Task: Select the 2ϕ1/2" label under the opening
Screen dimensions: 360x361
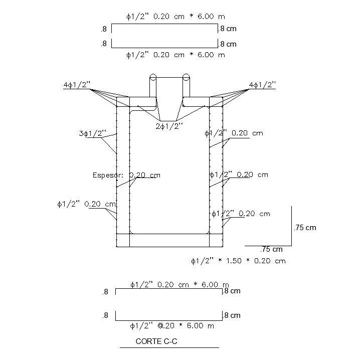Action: pos(169,126)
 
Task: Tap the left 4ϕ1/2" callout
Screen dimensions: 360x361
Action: pos(77,86)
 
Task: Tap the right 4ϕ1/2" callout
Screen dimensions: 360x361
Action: pos(262,86)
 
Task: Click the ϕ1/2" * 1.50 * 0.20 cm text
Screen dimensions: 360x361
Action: pos(238,261)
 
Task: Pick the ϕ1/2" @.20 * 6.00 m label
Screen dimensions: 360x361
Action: pos(172,326)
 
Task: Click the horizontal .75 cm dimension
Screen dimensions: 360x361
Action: pos(272,249)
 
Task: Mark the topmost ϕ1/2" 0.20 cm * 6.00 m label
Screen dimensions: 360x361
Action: pos(175,17)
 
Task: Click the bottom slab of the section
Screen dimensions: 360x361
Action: pos(169,241)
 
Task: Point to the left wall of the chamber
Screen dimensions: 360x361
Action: pos(123,170)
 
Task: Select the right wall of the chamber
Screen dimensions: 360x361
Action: pos(216,170)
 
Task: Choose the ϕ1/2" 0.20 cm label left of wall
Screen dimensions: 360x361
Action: pos(87,204)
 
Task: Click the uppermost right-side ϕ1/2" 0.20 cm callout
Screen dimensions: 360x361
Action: pos(234,133)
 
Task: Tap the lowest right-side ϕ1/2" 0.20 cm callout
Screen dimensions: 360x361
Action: pos(241,214)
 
